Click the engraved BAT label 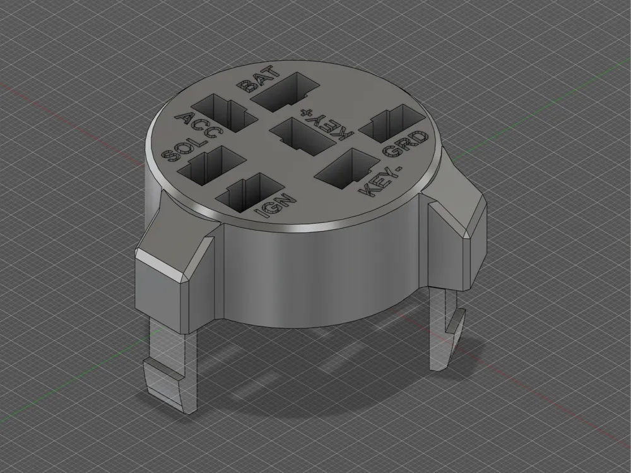258,79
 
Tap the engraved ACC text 198,125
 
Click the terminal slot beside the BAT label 284,92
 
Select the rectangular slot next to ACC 225,113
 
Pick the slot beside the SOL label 211,166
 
